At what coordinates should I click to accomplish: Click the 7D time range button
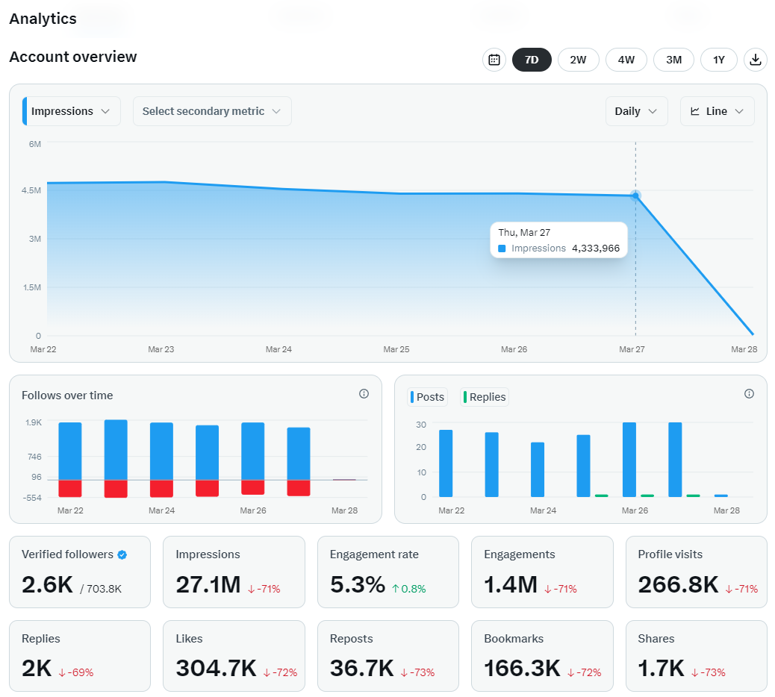click(x=532, y=60)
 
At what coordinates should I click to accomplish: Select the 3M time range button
click(x=673, y=60)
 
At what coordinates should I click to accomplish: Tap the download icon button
click(x=756, y=60)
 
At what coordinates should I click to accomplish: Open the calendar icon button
click(x=494, y=60)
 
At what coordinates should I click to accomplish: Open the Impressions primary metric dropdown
click(x=72, y=111)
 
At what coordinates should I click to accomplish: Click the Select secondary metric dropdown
click(x=212, y=111)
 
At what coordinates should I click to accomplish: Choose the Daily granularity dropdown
click(x=637, y=111)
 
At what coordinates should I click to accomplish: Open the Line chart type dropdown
click(x=718, y=111)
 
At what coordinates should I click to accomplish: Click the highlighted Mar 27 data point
click(x=635, y=196)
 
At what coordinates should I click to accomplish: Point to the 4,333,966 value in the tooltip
click(x=596, y=248)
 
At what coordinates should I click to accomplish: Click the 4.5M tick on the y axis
click(x=31, y=190)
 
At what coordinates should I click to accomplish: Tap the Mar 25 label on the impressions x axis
click(x=396, y=349)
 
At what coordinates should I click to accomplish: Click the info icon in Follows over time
click(x=364, y=394)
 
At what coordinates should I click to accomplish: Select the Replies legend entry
click(x=485, y=397)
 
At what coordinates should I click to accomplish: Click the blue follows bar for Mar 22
click(x=70, y=451)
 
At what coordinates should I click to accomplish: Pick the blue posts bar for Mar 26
click(x=629, y=460)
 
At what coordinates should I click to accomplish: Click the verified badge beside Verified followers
click(x=122, y=554)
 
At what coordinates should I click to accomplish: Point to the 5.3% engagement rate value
click(x=358, y=584)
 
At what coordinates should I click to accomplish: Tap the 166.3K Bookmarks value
click(x=522, y=668)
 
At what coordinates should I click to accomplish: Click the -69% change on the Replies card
click(x=76, y=672)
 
